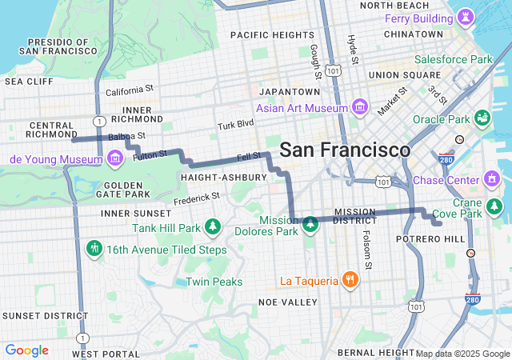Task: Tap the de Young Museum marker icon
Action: pyautogui.click(x=115, y=158)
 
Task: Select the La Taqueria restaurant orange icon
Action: pyautogui.click(x=350, y=280)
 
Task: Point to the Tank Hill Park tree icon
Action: pyautogui.click(x=212, y=228)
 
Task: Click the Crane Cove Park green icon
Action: pyautogui.click(x=494, y=207)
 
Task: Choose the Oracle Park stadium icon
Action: pyautogui.click(x=482, y=119)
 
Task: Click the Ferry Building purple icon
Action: pyautogui.click(x=465, y=18)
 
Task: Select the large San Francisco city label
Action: pyautogui.click(x=345, y=150)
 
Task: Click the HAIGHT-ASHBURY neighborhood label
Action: pyautogui.click(x=224, y=177)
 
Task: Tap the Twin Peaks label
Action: pyautogui.click(x=214, y=282)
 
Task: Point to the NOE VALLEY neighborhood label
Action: pyautogui.click(x=288, y=302)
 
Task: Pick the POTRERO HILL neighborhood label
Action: pyautogui.click(x=430, y=239)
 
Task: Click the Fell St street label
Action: pyautogui.click(x=250, y=157)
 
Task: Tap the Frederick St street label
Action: pyautogui.click(x=197, y=197)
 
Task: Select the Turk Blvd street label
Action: pyautogui.click(x=235, y=125)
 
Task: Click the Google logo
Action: pyautogui.click(x=26, y=350)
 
